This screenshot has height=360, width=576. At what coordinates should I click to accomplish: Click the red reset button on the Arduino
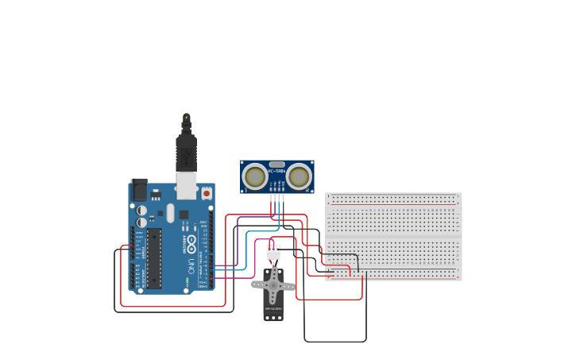(x=207, y=192)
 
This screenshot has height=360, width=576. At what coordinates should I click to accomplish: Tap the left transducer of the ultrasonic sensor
(x=255, y=176)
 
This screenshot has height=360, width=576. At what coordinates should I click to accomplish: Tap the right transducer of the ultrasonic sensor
(x=299, y=176)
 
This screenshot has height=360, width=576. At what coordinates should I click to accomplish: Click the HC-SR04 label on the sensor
(x=276, y=171)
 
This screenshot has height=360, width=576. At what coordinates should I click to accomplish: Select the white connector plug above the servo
(x=273, y=253)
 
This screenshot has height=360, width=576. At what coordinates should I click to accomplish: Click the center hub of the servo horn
(x=273, y=285)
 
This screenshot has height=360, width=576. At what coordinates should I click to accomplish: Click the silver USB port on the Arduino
(x=186, y=185)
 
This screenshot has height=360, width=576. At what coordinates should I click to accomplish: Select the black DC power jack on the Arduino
(x=139, y=190)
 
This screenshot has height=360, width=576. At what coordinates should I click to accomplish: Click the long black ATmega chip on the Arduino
(x=153, y=259)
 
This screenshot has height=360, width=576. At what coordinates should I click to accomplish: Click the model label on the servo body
(x=273, y=308)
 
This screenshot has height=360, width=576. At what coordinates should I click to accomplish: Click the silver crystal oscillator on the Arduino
(x=170, y=213)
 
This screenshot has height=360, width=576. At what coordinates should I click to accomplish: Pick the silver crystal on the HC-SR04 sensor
(x=276, y=165)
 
